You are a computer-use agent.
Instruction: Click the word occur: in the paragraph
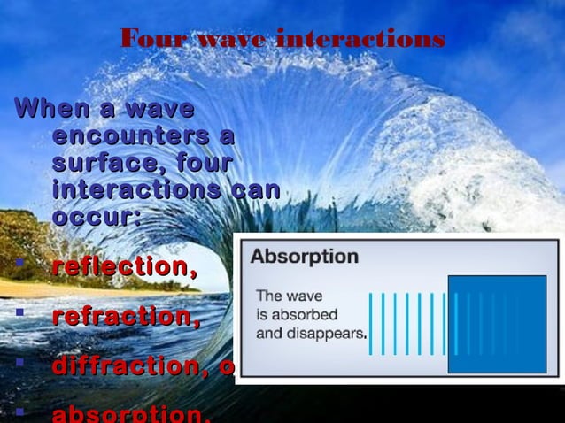coord(97,217)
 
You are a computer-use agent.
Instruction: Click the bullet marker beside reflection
coord(19,262)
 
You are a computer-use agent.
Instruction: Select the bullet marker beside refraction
coord(19,311)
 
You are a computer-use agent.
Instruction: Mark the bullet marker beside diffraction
coord(19,361)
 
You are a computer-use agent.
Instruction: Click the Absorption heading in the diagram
coord(305,258)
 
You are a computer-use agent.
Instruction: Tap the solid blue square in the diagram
coord(497,324)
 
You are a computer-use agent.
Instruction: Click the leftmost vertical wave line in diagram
coord(371,324)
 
